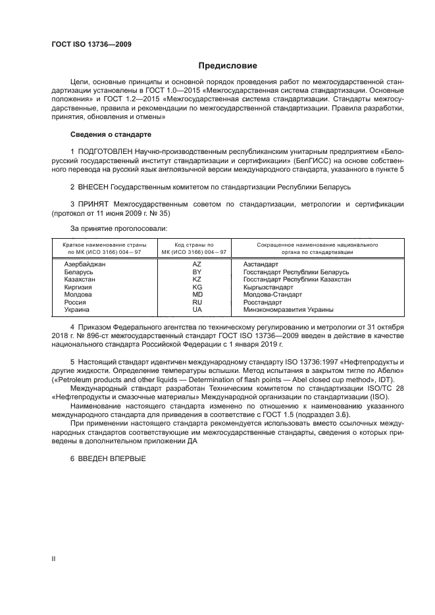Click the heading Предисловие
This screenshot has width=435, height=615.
point(228,66)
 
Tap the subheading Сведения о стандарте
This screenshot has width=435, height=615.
point(111,134)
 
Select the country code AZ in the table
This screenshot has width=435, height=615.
point(197,264)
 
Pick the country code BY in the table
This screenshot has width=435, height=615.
point(197,272)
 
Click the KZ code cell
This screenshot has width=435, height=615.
point(197,279)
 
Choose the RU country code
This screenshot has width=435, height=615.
point(197,302)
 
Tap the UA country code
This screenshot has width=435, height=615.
point(197,309)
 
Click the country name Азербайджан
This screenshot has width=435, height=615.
point(85,264)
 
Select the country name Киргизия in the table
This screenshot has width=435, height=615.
point(78,287)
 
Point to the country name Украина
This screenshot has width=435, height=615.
point(76,309)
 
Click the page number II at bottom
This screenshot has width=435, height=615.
point(54,558)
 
